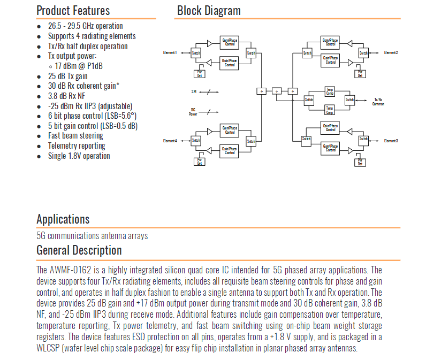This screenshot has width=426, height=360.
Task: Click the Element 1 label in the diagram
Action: click(x=170, y=52)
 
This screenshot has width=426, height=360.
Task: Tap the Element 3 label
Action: click(x=391, y=141)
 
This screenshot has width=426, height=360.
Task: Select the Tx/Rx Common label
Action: click(x=378, y=101)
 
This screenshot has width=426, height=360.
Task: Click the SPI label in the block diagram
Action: click(x=194, y=91)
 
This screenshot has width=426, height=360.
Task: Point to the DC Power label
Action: click(x=193, y=112)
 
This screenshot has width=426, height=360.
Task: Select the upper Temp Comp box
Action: click(x=330, y=92)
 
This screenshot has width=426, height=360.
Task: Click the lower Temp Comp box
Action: click(x=330, y=110)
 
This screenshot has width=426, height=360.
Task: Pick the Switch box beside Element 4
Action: click(x=196, y=141)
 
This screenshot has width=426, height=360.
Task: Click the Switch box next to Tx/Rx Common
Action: click(x=349, y=100)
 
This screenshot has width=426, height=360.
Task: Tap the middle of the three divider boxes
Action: click(x=277, y=91)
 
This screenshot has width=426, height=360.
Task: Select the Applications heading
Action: click(x=63, y=219)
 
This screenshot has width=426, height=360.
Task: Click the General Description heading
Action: click(x=79, y=250)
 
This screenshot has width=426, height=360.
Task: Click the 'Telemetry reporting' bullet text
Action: click(x=77, y=145)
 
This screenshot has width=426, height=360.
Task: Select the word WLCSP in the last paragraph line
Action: click(x=49, y=348)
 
